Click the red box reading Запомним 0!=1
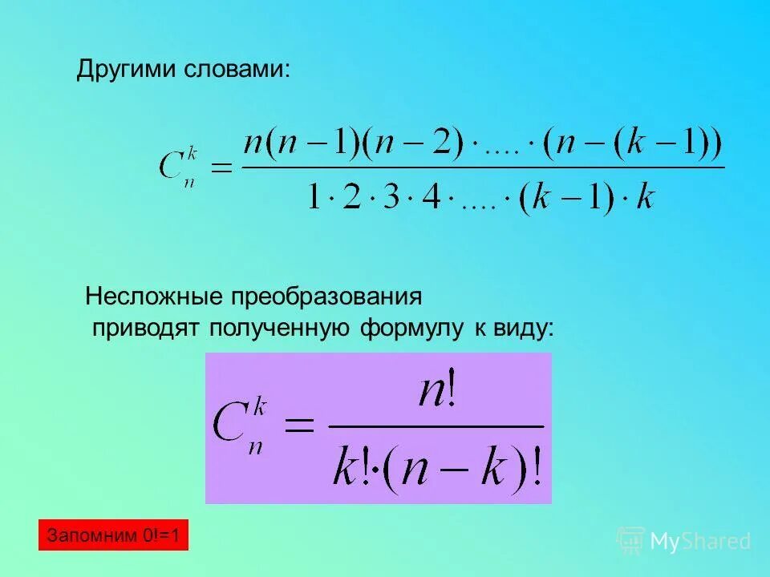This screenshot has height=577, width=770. pyautogui.click(x=113, y=535)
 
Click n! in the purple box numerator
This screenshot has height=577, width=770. pyautogui.click(x=436, y=395)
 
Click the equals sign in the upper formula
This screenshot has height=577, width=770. pyautogui.click(x=219, y=167)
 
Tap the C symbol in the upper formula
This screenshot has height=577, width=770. pyautogui.click(x=172, y=167)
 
